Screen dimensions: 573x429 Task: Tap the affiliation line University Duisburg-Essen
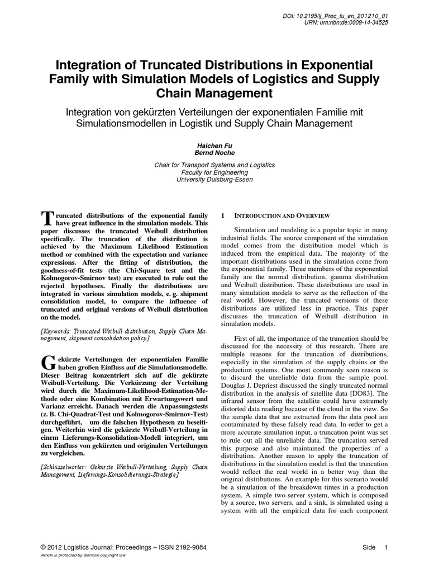214,180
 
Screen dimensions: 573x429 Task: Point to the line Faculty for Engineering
214,172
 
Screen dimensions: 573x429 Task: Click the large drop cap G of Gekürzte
47,361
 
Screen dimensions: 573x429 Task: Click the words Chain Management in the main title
214,91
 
